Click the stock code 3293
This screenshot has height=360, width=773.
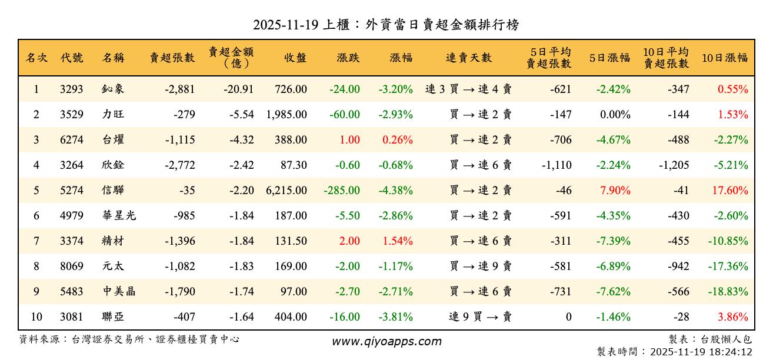pos(71,89)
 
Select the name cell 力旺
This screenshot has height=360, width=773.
pos(113,115)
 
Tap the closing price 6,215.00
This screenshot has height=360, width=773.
pos(286,191)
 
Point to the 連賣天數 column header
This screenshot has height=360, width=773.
pos(469,58)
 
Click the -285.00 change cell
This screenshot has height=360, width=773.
pos(342,191)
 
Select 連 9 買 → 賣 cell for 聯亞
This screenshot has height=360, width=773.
pos(480,317)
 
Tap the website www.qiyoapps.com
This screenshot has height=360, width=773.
pos(386,341)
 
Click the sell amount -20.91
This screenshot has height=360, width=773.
pos(239,89)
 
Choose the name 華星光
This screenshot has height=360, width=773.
pos(118,216)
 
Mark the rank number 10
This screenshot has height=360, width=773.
pos(36,317)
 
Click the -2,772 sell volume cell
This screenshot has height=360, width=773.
pos(176,165)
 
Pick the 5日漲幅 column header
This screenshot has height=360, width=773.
pos(610,58)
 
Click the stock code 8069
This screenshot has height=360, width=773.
pos(71,266)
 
